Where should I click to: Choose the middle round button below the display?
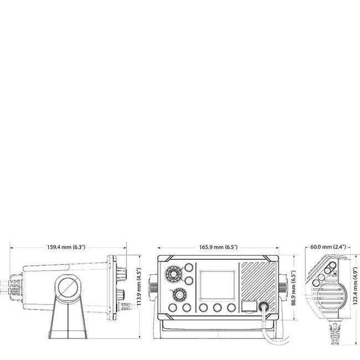click(x=217, y=307)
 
